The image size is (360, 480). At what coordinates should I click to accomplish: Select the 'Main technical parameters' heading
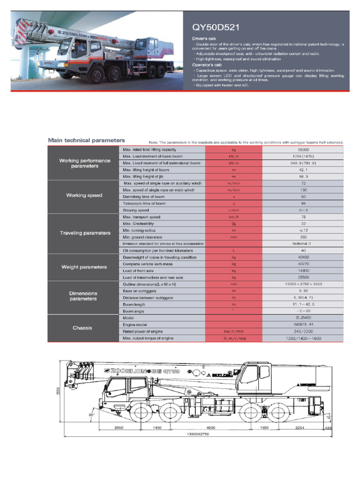pyautogui.click(x=86, y=140)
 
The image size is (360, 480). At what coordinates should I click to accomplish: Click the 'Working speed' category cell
pyautogui.click(x=84, y=195)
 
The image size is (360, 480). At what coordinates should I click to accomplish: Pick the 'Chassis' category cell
pyautogui.click(x=82, y=328)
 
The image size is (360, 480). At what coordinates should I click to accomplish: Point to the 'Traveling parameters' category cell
pyautogui.click(x=85, y=233)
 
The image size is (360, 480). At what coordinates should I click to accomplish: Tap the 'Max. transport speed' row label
pyautogui.click(x=142, y=217)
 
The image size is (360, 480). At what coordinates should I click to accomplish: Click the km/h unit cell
pyautogui.click(x=233, y=217)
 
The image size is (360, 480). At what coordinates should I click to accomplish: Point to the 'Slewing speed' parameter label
pyautogui.click(x=136, y=210)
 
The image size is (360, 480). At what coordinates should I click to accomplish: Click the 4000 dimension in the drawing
pyautogui.click(x=210, y=428)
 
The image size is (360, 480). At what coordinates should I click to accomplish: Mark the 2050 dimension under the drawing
pyautogui.click(x=121, y=428)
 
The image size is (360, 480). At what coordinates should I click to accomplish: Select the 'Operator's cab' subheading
pyautogui.click(x=205, y=65)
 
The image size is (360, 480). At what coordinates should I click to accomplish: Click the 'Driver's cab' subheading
pyautogui.click(x=202, y=38)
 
